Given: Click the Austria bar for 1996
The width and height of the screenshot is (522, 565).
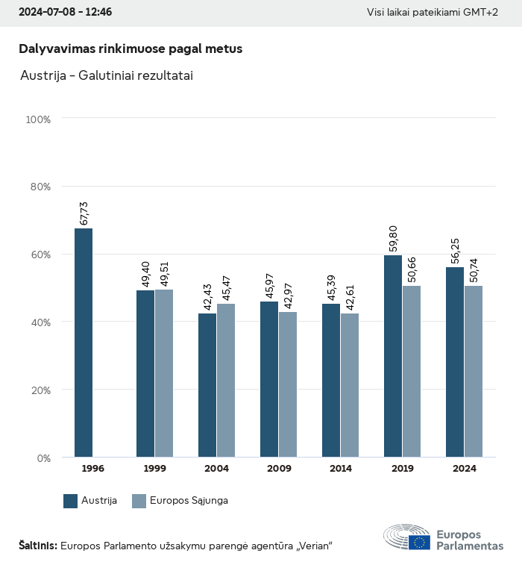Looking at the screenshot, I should (x=84, y=343).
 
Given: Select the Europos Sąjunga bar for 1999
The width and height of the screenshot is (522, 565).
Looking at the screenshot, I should (x=164, y=373).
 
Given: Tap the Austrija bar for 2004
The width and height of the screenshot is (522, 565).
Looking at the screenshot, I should (x=207, y=385).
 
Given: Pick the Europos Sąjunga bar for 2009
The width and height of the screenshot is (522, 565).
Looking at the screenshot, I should (x=288, y=384).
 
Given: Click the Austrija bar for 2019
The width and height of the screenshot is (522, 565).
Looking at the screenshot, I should (x=393, y=356).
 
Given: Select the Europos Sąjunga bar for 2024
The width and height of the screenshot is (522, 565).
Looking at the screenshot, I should (x=474, y=371).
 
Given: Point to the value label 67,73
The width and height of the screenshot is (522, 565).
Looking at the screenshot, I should (x=84, y=213).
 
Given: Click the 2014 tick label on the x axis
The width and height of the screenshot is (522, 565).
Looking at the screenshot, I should (x=341, y=469).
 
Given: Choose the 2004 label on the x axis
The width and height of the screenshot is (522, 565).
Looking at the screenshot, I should (x=217, y=469).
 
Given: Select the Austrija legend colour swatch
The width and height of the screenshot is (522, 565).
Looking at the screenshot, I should (x=71, y=501).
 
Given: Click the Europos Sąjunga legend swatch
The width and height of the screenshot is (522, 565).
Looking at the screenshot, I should (x=139, y=501).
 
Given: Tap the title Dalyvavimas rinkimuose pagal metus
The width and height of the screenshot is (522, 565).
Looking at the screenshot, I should (x=130, y=49).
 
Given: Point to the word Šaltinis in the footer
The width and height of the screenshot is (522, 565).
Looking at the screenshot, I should (x=37, y=546).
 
